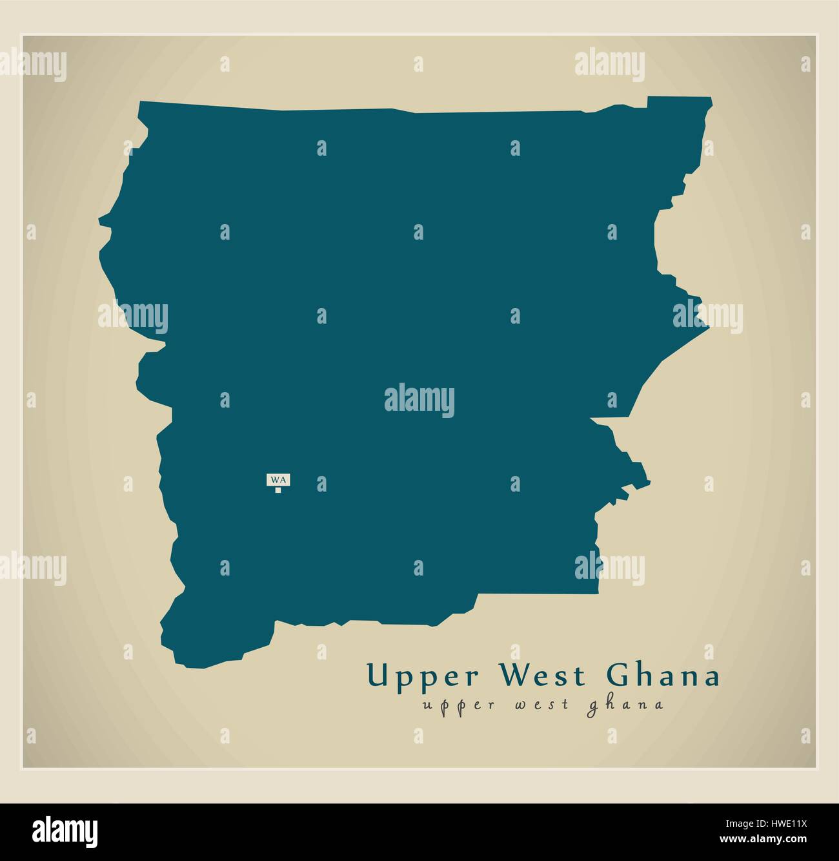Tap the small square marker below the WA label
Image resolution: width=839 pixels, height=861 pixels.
pyautogui.click(x=278, y=490)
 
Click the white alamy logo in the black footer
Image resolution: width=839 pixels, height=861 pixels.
pyautogui.click(x=65, y=831)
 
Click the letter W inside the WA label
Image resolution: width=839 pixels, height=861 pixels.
pyautogui.click(x=275, y=479)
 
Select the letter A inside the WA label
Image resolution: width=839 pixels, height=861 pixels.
pyautogui.click(x=283, y=479)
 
